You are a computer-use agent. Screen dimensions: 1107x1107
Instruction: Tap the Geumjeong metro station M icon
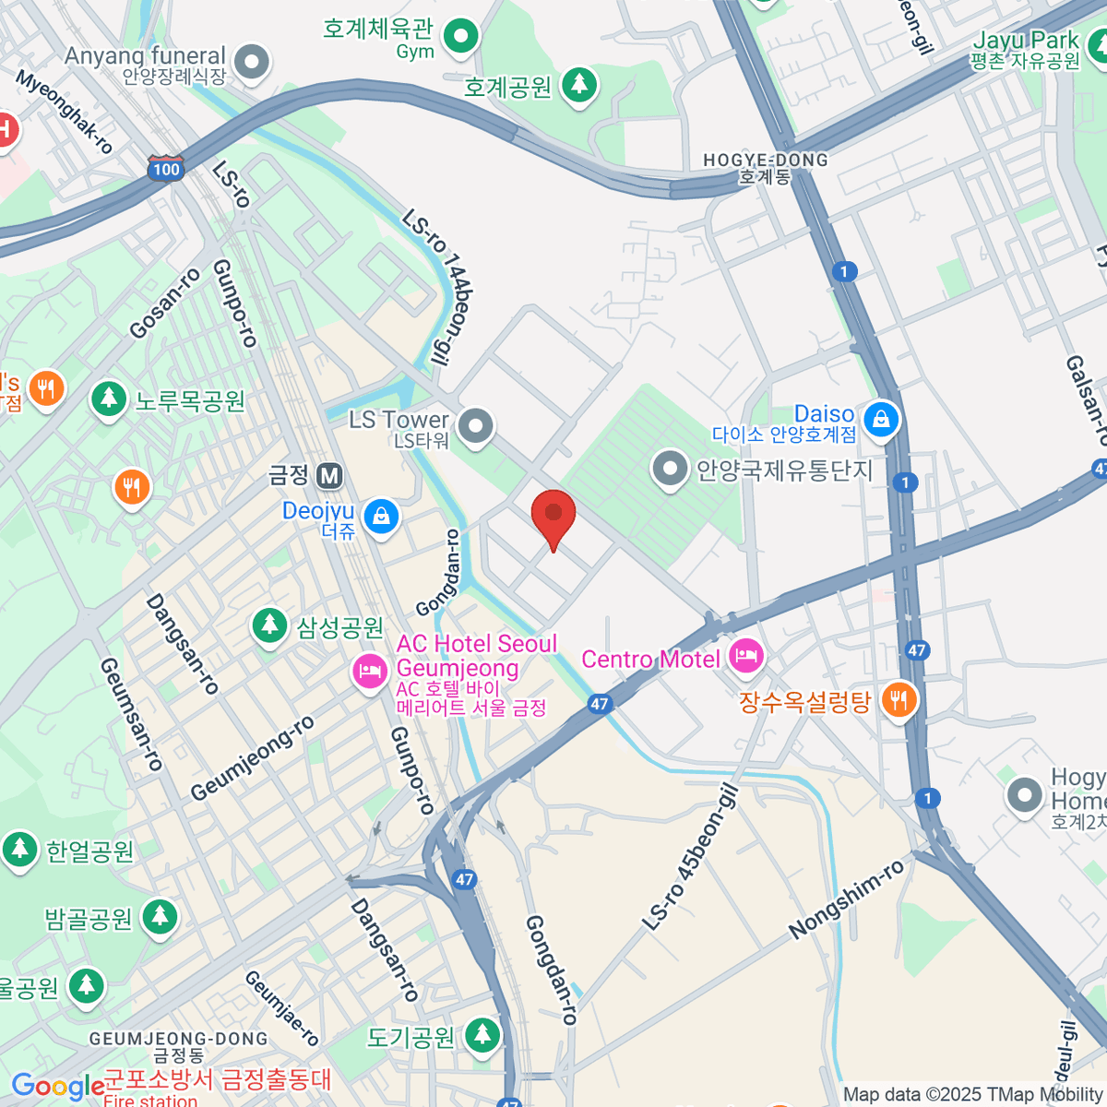tap(329, 476)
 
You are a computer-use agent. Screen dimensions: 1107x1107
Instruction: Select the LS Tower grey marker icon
tap(476, 426)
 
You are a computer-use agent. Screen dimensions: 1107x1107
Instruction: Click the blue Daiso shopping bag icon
tap(882, 419)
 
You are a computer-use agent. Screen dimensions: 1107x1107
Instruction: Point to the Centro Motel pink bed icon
tap(745, 657)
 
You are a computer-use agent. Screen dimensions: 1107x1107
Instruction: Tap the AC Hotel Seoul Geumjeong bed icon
tap(370, 671)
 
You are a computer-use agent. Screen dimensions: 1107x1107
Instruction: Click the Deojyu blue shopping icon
tap(381, 516)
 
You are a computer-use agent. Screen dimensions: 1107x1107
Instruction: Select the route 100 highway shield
tap(166, 169)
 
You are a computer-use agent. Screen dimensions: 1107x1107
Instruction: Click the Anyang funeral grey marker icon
tap(251, 63)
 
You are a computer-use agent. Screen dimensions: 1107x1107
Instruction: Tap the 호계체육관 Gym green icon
tap(459, 37)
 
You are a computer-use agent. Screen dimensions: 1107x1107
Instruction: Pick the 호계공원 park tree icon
tap(578, 86)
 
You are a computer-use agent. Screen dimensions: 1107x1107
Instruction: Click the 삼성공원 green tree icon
tap(269, 626)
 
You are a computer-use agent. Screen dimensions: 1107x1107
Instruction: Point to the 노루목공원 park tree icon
tap(109, 399)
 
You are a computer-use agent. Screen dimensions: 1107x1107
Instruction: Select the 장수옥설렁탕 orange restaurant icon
tap(898, 700)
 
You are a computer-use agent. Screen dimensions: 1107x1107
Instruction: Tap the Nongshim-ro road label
tap(846, 900)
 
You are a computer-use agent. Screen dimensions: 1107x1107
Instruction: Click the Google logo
tap(57, 1087)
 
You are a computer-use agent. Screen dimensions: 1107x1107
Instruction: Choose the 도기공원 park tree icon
tap(482, 1036)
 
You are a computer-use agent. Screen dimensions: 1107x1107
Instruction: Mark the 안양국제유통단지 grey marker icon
tap(671, 469)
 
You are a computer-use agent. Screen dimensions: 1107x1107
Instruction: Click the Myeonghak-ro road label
tap(65, 113)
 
